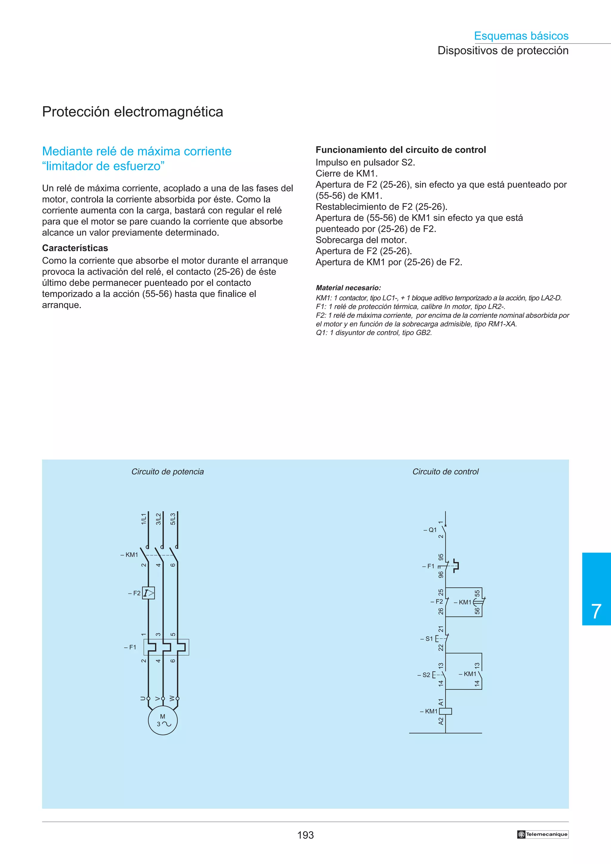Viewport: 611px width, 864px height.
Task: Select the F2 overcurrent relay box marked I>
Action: click(148, 593)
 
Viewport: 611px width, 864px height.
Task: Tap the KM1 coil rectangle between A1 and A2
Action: click(445, 711)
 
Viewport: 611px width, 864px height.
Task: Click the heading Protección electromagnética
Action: click(132, 112)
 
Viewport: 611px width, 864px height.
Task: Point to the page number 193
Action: click(305, 835)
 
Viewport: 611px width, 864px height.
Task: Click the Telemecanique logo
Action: click(542, 834)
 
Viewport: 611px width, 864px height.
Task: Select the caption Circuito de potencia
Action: click(168, 472)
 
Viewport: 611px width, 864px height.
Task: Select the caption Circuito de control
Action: click(445, 472)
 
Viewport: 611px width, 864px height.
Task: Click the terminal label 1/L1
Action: click(144, 519)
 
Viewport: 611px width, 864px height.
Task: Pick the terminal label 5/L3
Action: click(173, 519)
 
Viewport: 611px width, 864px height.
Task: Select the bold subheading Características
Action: click(75, 248)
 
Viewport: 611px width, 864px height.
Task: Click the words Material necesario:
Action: click(348, 288)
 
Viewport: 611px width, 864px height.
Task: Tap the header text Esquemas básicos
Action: click(521, 36)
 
